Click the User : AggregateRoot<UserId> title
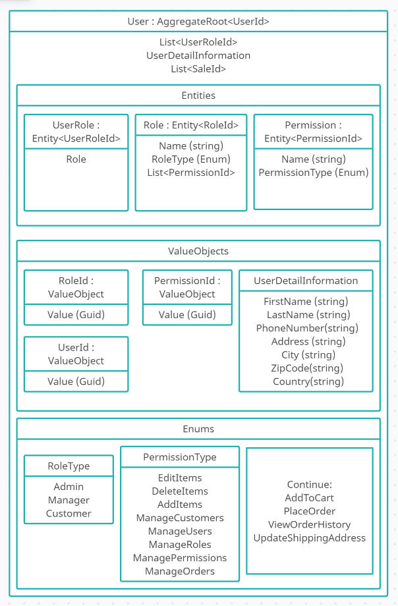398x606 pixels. (x=198, y=22)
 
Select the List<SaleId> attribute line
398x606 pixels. (x=198, y=69)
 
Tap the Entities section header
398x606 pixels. (x=198, y=96)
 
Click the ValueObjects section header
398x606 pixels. (x=198, y=251)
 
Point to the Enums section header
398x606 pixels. (x=198, y=429)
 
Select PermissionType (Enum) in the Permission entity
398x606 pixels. (x=313, y=173)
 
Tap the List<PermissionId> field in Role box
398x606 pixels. (x=191, y=173)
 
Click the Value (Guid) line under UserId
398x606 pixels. (x=76, y=381)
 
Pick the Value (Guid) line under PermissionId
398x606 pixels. (x=187, y=315)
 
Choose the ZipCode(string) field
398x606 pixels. (x=305, y=368)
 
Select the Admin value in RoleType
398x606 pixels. (x=69, y=487)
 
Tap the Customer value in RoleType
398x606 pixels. (x=69, y=514)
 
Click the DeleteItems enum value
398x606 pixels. (x=180, y=491)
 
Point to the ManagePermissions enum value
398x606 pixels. (x=180, y=558)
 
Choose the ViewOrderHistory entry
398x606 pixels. (x=309, y=525)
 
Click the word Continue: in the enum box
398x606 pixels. (x=309, y=484)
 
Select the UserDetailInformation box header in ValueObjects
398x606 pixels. (x=306, y=281)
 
